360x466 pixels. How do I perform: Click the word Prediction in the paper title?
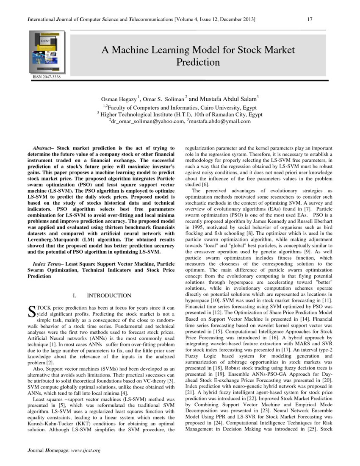(x=198, y=62)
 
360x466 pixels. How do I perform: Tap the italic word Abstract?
(x=43, y=148)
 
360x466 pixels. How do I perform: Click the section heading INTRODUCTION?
(x=109, y=295)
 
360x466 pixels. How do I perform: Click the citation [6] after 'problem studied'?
(x=205, y=185)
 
